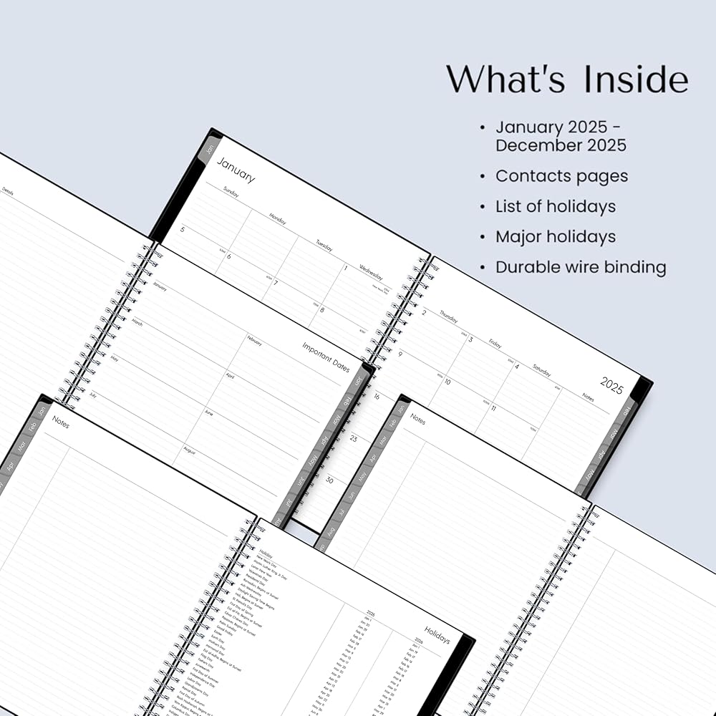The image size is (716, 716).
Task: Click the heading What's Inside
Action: coord(567,79)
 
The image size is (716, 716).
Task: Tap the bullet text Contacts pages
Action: coord(561,176)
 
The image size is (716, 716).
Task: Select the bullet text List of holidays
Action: coord(555,206)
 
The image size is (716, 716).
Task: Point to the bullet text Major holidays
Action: coord(555,236)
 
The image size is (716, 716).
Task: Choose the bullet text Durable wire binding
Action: coord(581,267)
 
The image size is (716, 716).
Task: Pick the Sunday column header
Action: coord(231,192)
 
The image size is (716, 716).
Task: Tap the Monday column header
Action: coord(277,218)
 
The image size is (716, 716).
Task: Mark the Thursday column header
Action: coord(448,316)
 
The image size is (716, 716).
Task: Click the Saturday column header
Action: coord(541,372)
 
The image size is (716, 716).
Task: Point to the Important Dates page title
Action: coord(326,356)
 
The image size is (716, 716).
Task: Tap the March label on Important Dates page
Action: coord(137,323)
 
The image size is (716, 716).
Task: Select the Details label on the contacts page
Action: coord(8,191)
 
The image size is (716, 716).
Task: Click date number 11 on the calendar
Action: coord(493,408)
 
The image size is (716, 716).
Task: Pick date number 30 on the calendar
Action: coord(329,480)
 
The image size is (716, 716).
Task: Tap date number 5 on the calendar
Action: coord(183,230)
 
